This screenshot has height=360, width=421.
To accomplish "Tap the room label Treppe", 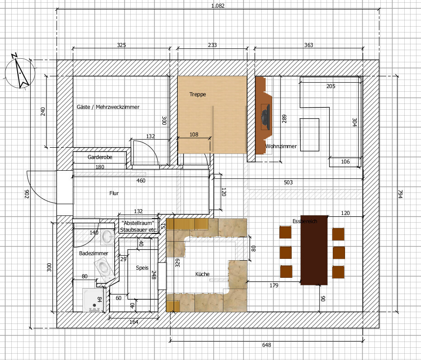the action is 198,94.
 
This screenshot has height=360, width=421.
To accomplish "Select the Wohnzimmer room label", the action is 281,146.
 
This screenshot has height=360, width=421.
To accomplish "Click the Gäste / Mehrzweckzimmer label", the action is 108,107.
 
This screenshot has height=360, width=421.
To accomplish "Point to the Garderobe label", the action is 100,157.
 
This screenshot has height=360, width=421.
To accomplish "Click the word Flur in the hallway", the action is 114,193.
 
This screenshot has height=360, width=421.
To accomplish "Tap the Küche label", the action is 202,274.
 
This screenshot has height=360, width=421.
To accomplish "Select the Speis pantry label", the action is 142,267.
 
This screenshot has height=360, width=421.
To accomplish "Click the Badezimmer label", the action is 94,253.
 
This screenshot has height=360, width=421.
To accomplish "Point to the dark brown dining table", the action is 314,250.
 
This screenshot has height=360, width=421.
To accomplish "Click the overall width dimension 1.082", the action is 218,5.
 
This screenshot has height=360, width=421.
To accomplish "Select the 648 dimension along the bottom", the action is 266,345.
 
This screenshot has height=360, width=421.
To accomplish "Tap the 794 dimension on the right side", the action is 400,194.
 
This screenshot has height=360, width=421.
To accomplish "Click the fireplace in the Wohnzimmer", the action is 264,115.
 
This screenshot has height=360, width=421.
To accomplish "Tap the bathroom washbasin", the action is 108,237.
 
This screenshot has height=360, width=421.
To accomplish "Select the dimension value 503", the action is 288,182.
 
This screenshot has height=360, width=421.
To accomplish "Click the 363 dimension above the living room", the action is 308,45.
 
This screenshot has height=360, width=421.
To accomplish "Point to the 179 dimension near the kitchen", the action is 274,285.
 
